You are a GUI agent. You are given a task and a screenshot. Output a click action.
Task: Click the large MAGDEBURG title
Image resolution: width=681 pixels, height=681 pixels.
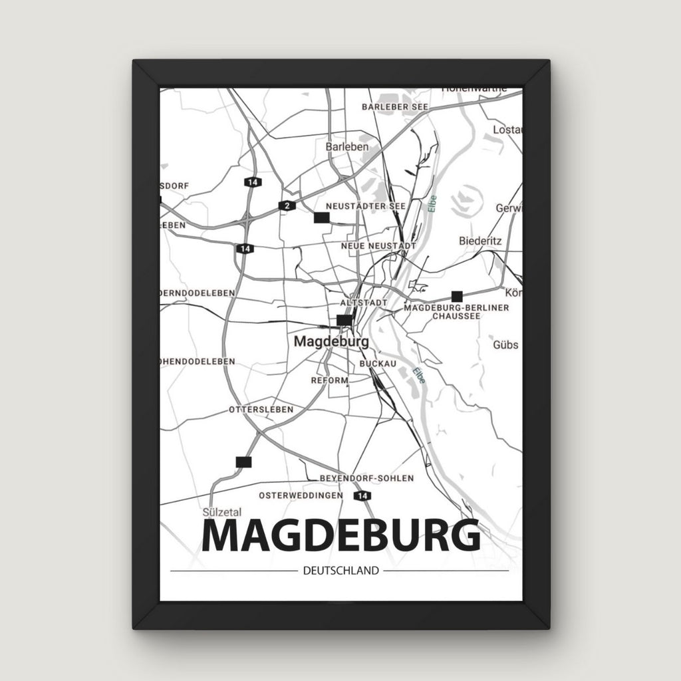click(340, 536)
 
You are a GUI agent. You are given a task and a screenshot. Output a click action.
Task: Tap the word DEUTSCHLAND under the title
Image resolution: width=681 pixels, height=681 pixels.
click(340, 571)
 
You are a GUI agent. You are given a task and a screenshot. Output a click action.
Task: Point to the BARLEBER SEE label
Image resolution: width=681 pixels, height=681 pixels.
click(395, 106)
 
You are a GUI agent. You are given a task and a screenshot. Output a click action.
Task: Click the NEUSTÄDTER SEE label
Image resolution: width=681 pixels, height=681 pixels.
click(365, 206)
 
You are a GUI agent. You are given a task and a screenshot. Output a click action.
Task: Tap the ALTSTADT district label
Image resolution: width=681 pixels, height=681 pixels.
click(363, 303)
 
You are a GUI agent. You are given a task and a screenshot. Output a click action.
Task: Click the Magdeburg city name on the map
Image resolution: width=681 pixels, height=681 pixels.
click(331, 341)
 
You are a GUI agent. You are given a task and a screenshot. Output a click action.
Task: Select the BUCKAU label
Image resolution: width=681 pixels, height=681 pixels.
click(378, 364)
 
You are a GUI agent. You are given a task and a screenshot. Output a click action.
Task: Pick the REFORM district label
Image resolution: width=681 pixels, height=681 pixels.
click(329, 380)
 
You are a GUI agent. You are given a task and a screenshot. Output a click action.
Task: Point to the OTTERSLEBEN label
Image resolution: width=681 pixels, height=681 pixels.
click(260, 410)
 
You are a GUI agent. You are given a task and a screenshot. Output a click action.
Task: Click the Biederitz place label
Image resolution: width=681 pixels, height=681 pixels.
click(480, 241)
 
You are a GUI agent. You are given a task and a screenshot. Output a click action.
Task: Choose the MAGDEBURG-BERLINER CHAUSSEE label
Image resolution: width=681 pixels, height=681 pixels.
click(456, 312)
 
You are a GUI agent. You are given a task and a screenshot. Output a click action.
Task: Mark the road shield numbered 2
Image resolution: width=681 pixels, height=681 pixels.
click(287, 205)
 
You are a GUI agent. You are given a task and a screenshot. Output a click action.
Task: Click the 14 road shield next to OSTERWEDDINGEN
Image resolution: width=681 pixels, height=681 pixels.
click(362, 496)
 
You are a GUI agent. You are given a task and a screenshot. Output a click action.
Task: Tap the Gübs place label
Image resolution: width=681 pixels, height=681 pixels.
click(505, 345)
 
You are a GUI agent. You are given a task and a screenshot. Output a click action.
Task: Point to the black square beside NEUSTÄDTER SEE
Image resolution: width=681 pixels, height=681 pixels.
click(322, 217)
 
